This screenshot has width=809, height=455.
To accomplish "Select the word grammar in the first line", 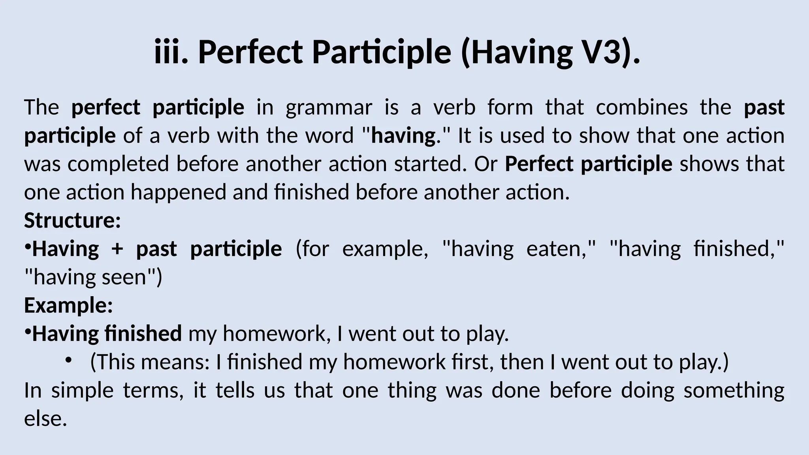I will (329, 107).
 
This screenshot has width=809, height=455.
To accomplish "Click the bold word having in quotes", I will (403, 136).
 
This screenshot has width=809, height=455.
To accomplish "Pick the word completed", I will (118, 164).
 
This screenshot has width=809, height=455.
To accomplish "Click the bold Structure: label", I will (72, 220).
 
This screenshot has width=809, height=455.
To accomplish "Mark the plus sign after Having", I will (117, 249).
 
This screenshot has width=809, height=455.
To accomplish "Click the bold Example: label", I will (68, 306).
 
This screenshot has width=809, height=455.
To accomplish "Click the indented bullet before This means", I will (69, 360).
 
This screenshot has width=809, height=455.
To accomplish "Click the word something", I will (734, 391).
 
